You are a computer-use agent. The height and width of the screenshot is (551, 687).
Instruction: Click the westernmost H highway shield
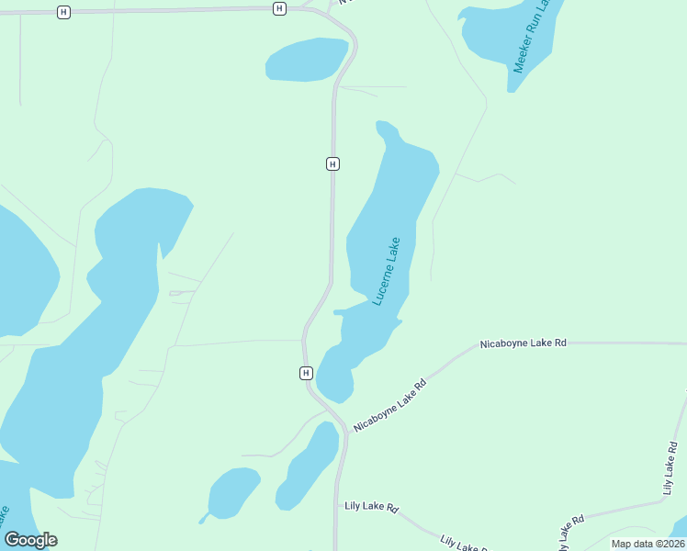pos(62,12)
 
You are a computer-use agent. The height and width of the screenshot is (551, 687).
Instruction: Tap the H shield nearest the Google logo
pos(306,373)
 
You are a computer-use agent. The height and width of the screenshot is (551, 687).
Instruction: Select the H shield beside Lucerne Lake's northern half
pos(332,163)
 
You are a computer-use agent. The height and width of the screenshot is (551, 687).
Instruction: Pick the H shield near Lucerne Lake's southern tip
pos(306,373)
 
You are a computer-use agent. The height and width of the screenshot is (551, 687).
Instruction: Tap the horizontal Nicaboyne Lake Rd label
pos(523,343)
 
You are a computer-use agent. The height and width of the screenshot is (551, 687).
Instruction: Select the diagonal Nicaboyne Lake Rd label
pos(391,405)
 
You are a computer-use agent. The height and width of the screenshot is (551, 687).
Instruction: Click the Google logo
pos(30,540)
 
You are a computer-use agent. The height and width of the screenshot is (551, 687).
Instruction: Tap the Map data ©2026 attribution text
pos(648,544)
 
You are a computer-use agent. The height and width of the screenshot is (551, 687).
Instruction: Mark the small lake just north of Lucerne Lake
pos(306,60)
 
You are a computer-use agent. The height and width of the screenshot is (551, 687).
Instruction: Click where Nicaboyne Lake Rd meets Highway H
pos(347,430)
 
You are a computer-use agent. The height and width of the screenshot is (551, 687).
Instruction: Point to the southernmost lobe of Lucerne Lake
pos(335,381)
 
